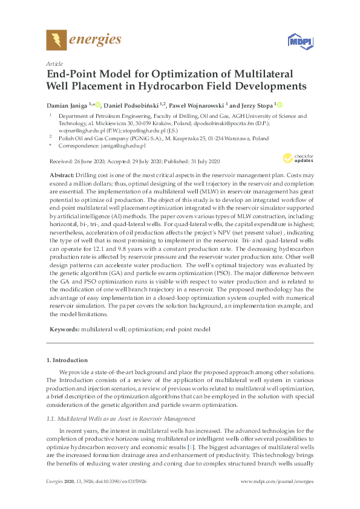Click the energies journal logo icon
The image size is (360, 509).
tap(56, 41)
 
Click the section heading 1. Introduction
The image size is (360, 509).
tap(67, 360)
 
